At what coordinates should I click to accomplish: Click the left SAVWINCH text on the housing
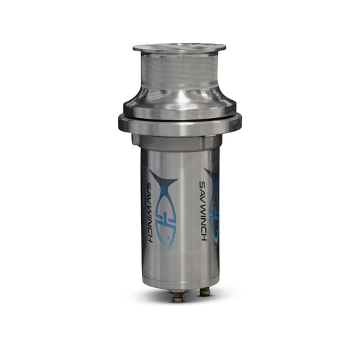[x=149, y=212]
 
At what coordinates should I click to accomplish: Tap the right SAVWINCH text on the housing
[x=203, y=211]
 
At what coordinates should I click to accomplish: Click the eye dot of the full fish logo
[x=168, y=238]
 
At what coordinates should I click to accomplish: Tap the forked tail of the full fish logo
[x=163, y=180]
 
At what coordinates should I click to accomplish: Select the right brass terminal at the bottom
[x=204, y=292]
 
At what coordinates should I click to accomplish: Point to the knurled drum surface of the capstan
[x=179, y=70]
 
